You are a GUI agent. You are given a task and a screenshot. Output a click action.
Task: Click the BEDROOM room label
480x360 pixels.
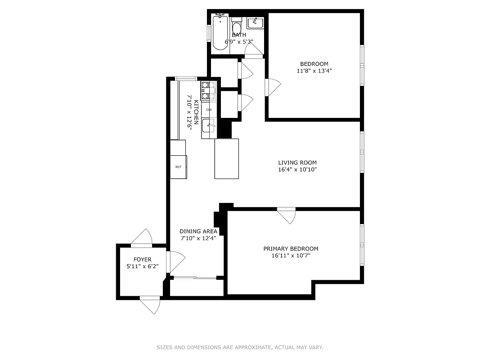coord(314,64)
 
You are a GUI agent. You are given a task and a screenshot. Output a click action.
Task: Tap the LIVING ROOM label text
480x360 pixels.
coord(297,163)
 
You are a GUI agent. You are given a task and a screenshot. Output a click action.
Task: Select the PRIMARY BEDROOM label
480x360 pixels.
coord(291,249)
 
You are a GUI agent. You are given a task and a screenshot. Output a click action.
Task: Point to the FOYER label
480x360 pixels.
coord(142,260)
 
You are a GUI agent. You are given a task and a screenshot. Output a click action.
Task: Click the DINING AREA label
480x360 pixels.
coord(198,231)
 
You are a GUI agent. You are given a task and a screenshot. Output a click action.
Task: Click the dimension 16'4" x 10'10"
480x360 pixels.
coord(297,170)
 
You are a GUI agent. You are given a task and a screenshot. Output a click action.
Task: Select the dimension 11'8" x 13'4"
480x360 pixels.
coord(314,71)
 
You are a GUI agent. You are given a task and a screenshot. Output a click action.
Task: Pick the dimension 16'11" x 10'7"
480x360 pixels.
coord(291,256)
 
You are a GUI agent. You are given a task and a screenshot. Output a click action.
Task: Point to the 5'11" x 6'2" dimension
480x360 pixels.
coord(142,266)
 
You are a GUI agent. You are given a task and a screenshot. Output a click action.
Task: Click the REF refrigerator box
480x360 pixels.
coord(178,166)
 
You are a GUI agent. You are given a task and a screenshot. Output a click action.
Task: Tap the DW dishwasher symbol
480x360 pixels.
coord(209,110)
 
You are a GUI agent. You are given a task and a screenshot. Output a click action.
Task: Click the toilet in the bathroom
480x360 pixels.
coord(237,26)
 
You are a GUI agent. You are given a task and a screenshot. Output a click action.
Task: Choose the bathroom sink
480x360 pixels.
coord(255,23)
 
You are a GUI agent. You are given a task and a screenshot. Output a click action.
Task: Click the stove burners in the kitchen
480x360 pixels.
coord(208,90)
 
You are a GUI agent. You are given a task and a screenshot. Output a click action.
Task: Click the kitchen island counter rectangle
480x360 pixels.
coord(226,158)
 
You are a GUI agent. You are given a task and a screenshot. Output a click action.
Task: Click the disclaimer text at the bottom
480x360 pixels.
coord(240,347)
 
